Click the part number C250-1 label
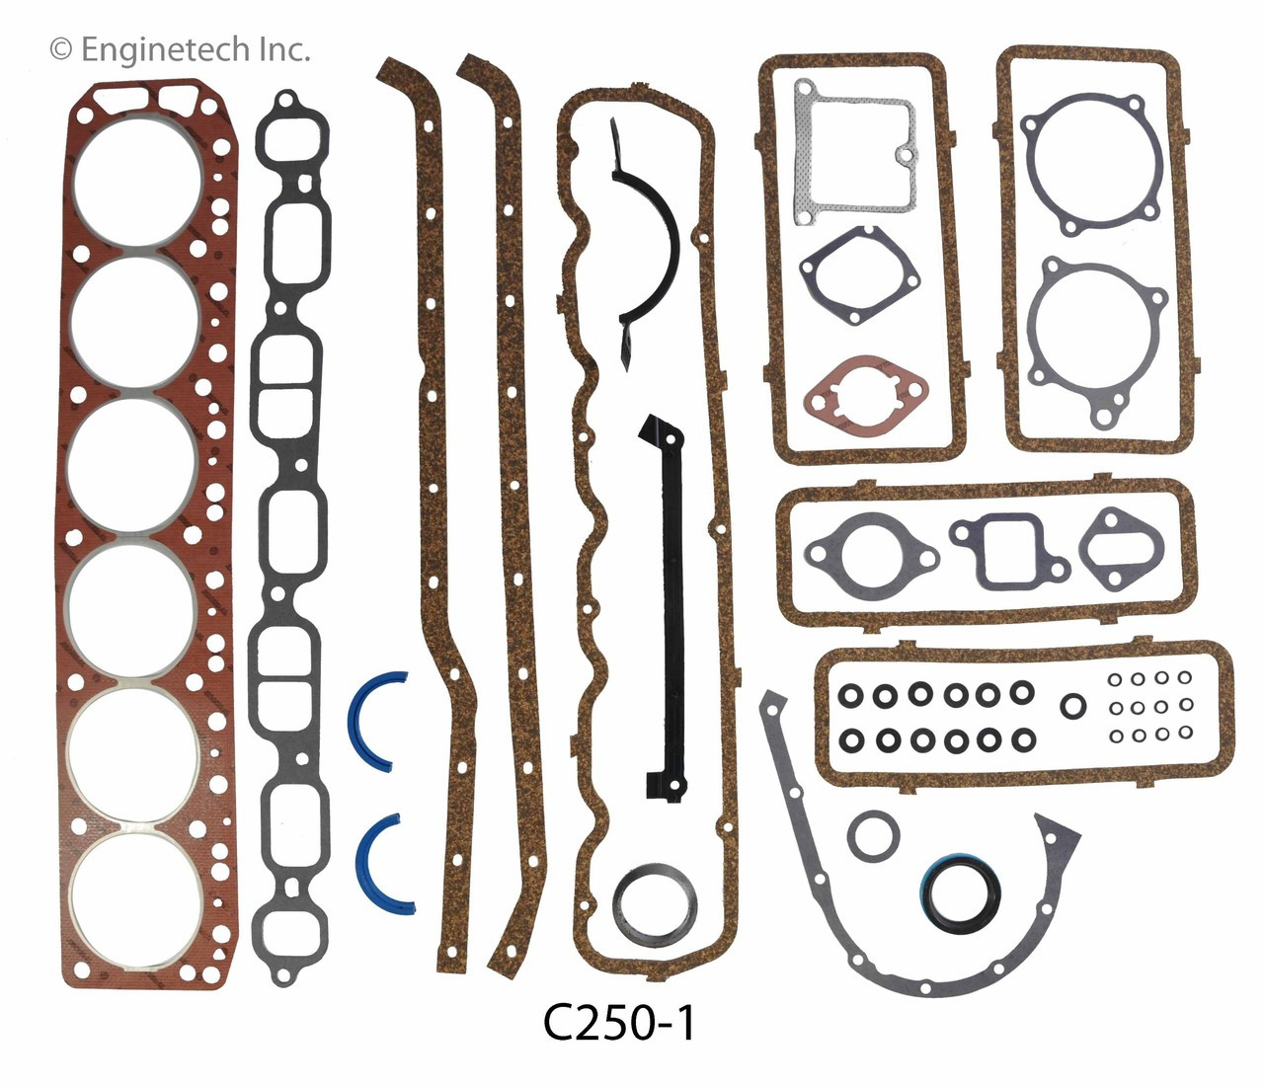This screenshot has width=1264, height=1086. (619, 1024)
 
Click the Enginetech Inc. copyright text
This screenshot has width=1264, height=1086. (180, 48)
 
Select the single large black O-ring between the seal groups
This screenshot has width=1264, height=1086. (1072, 706)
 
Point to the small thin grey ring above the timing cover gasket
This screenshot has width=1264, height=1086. (873, 837)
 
